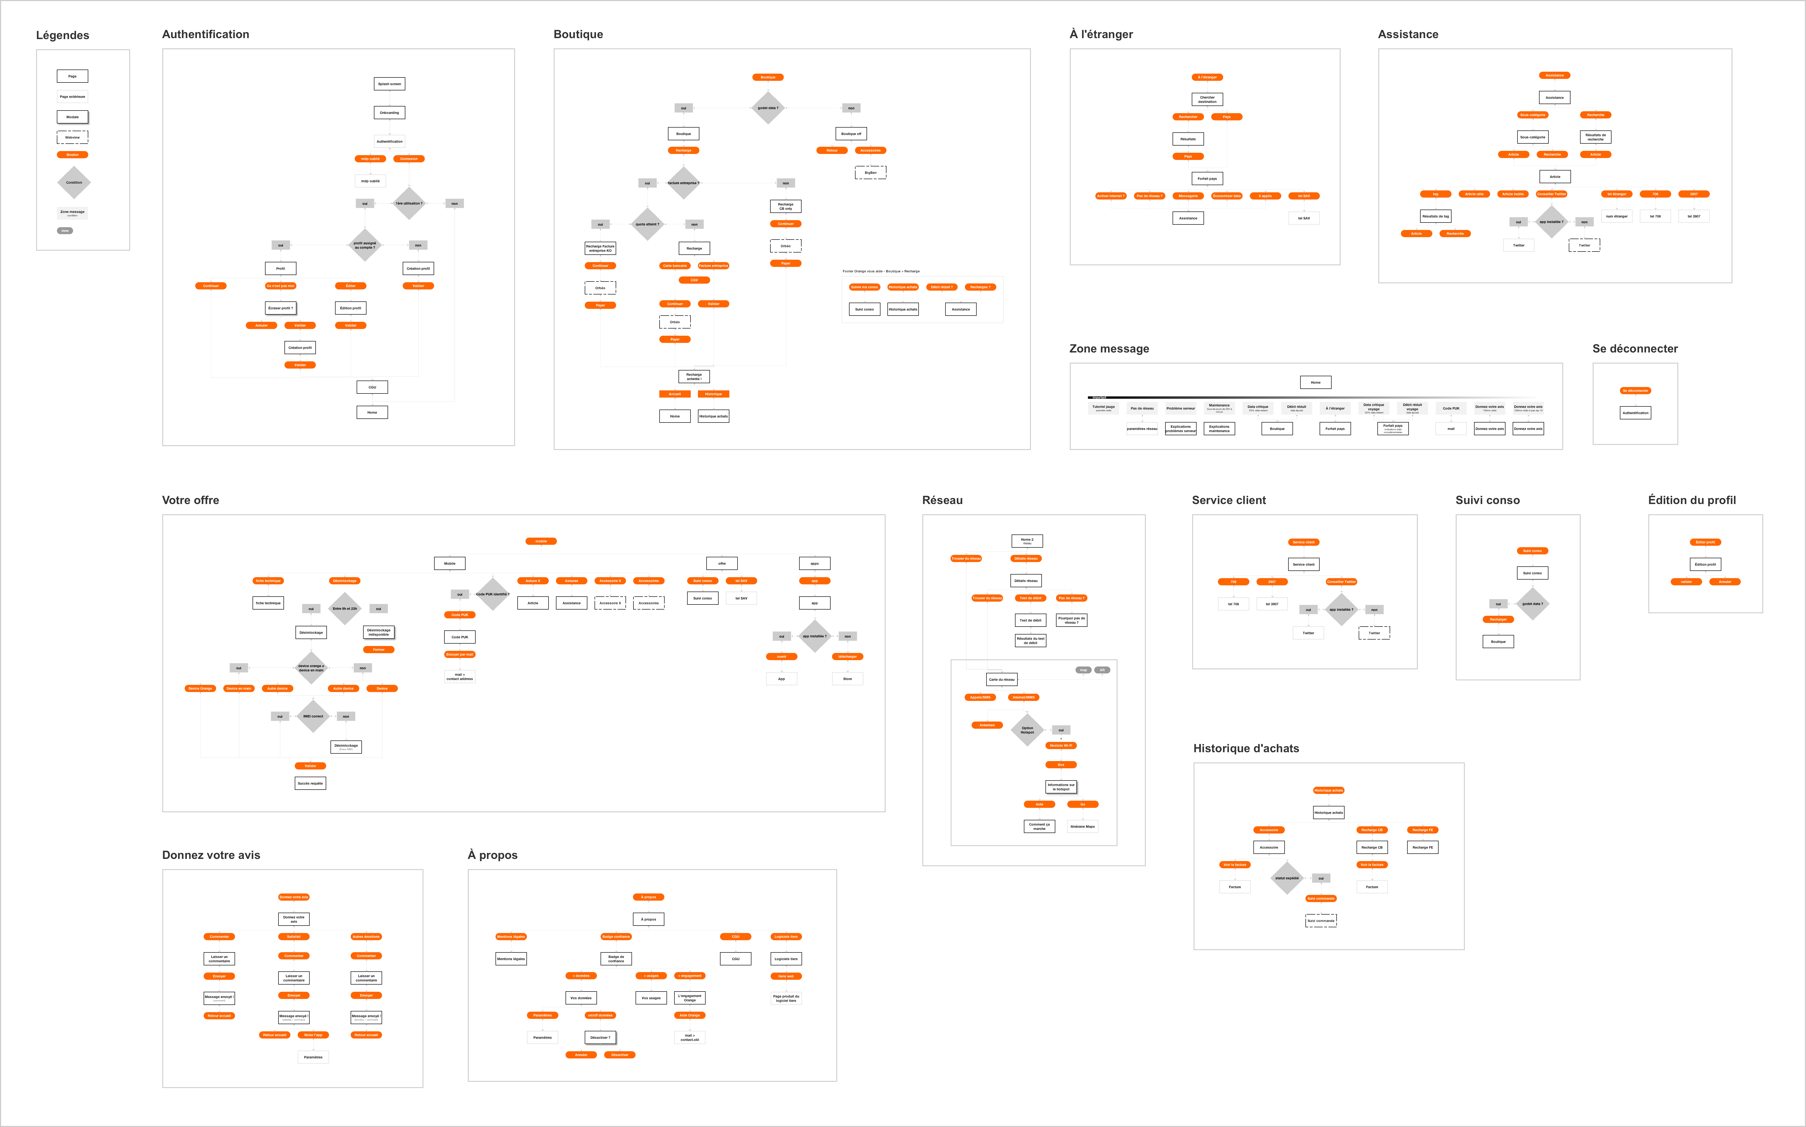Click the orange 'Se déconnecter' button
(x=1635, y=391)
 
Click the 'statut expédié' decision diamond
(x=1287, y=878)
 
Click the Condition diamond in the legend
(x=74, y=183)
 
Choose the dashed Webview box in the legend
(x=72, y=137)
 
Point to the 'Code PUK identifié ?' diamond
(x=492, y=594)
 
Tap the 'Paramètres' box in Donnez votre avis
(x=313, y=1057)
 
